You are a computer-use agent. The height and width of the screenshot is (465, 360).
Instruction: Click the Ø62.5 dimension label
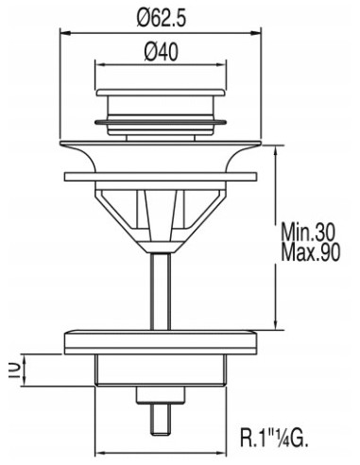pos(161,17)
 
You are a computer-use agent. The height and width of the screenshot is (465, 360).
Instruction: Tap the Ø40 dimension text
pos(161,52)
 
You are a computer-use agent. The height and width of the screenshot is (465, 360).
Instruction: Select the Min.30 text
pos(308,232)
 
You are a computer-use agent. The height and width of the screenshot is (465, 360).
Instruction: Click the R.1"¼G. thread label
pos(274,437)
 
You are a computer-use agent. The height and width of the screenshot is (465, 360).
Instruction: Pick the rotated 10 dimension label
pos(14,370)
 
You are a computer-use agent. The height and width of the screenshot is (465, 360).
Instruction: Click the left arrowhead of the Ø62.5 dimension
pos(65,32)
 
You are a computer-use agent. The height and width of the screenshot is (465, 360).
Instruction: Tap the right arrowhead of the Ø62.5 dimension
pos(256,32)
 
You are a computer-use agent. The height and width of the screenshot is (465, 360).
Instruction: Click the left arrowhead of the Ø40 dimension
pos(100,65)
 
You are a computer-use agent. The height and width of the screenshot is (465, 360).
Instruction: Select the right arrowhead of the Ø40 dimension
pos(221,65)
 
